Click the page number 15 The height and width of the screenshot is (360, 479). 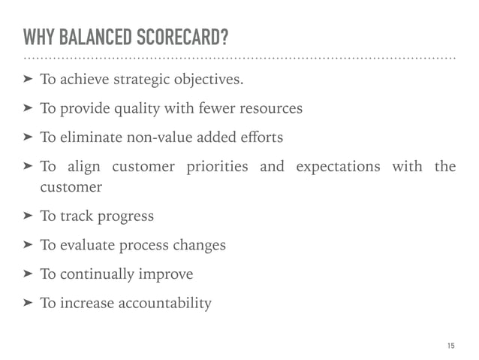click(x=450, y=345)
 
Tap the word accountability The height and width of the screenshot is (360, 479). click(x=164, y=304)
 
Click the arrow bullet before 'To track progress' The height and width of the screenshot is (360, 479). click(x=28, y=216)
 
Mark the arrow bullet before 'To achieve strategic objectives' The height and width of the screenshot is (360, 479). click(x=28, y=79)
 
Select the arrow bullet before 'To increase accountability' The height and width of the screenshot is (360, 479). click(x=28, y=304)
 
